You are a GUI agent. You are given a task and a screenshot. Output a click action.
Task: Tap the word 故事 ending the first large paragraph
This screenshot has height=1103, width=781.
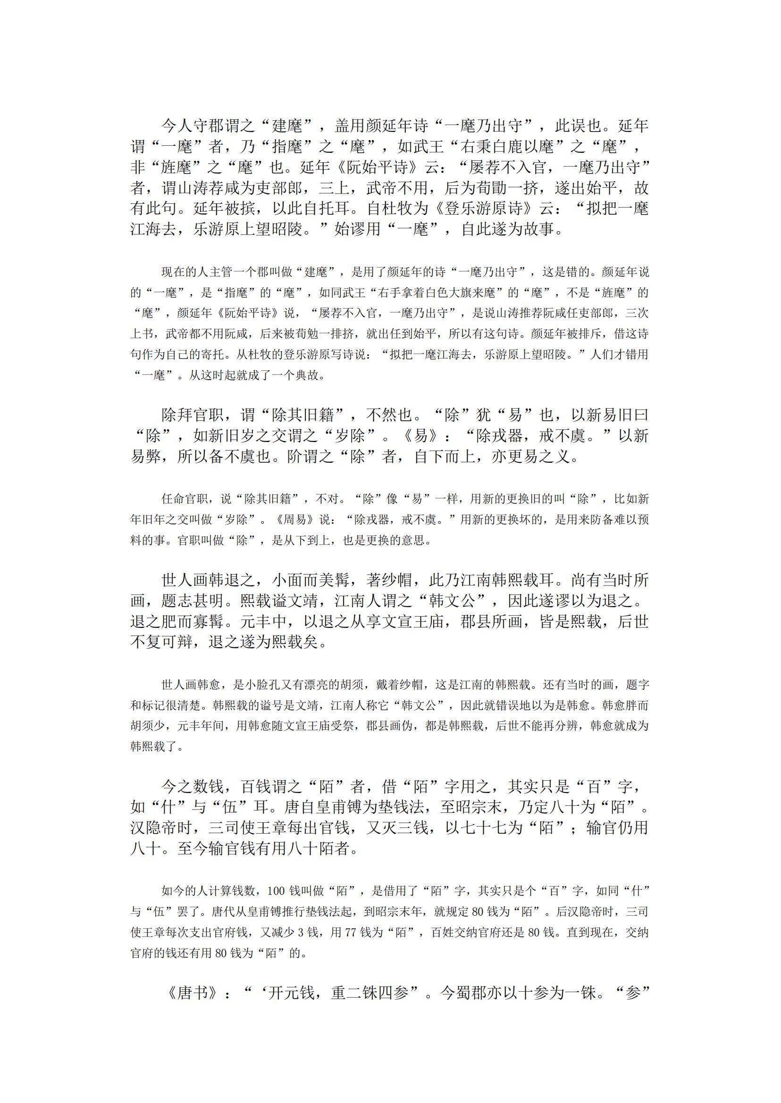(539, 229)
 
